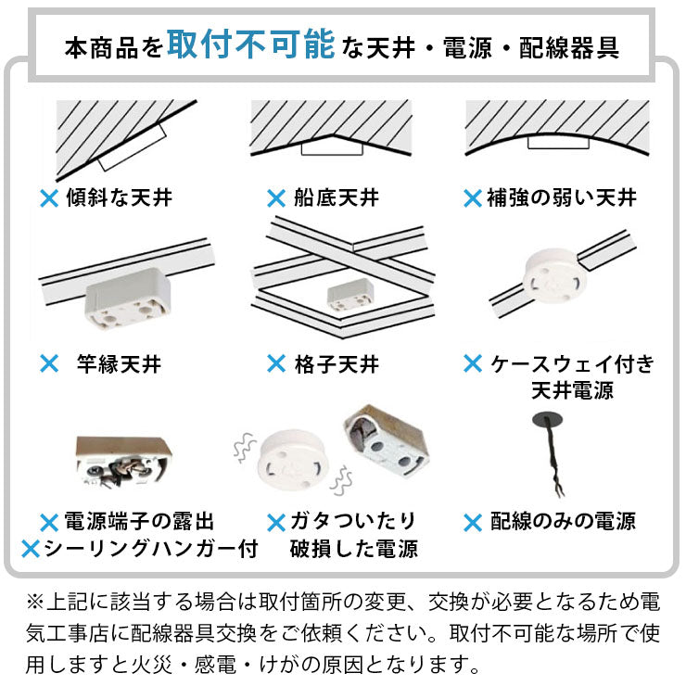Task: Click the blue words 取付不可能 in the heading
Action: (250, 45)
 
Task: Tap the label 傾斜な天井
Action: (118, 197)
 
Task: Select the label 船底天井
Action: (336, 197)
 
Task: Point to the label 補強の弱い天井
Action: (562, 197)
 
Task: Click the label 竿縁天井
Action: (119, 363)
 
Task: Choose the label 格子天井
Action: (336, 363)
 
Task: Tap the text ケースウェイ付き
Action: (572, 362)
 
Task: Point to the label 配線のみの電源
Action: (563, 521)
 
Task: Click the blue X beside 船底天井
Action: (275, 197)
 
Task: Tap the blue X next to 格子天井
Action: (275, 363)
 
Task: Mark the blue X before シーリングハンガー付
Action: (30, 548)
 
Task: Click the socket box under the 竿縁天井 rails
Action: (126, 301)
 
